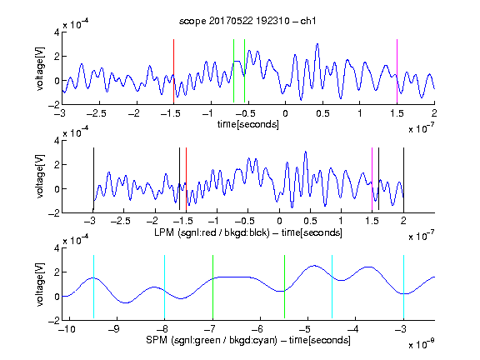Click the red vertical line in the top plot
[x=173, y=71]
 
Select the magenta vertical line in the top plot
[x=397, y=71]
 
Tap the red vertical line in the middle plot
[x=186, y=180]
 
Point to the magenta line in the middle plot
[x=372, y=179]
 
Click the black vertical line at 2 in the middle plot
[x=403, y=180]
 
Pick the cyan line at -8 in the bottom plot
[x=164, y=287]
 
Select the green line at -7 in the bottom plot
[x=212, y=287]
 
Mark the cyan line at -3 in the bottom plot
[x=403, y=287]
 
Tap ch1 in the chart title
[x=308, y=21]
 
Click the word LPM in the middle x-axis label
[x=164, y=232]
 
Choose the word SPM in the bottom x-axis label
[x=157, y=340]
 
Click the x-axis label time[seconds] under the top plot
[x=248, y=124]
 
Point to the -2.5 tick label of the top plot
[x=97, y=113]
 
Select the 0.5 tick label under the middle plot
[x=310, y=221]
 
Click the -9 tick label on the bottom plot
[x=113, y=329]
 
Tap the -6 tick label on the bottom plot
[x=257, y=329]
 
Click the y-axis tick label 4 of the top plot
[x=57, y=32]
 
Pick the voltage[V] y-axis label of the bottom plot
[x=40, y=284]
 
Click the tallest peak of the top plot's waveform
[x=317, y=44]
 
